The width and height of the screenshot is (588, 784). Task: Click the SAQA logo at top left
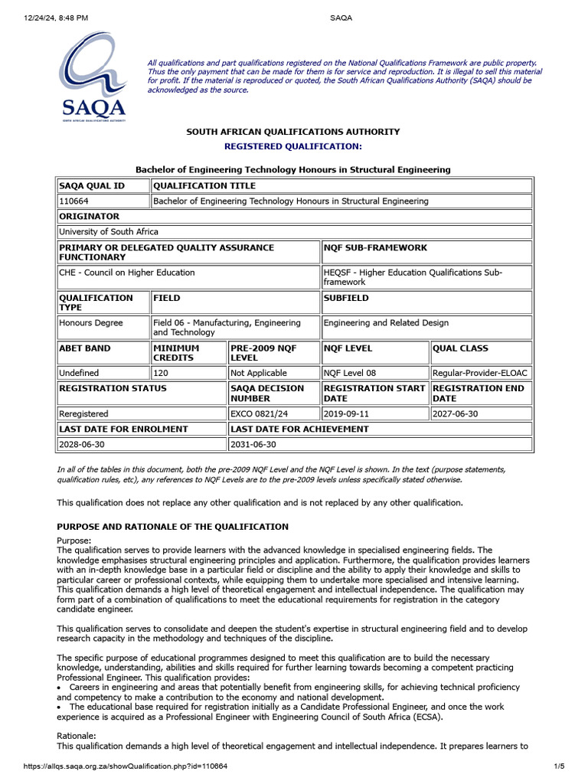coord(93,77)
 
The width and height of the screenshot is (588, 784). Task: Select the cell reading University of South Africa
coord(108,231)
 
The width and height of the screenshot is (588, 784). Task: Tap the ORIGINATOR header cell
coord(89,217)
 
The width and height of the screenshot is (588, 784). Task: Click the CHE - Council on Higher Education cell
coord(126,273)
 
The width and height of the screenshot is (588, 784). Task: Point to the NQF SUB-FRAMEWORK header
coord(376,248)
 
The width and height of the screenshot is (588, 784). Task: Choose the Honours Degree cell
coord(90,323)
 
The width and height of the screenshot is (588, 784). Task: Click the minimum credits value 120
coord(162,373)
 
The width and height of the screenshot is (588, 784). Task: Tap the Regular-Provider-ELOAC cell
coord(480,373)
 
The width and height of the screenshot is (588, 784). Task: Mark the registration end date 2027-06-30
coord(457,413)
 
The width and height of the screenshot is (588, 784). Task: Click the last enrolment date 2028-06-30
coord(83,444)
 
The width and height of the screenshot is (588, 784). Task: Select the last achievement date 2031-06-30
coord(253,444)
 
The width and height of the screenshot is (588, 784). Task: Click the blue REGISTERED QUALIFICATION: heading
coord(292,145)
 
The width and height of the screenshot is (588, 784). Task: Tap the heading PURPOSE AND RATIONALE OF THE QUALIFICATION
coord(173,527)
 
